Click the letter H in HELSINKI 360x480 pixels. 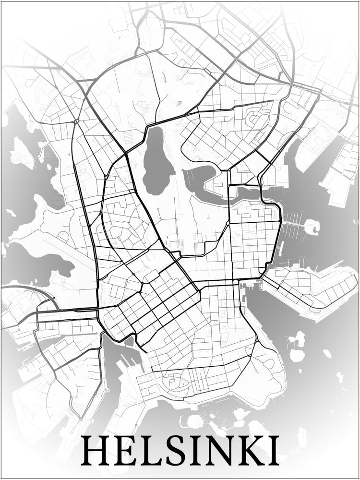(x=95, y=450)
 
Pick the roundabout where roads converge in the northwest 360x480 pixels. (x=76, y=122)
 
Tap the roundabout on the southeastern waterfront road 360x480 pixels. (x=257, y=340)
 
